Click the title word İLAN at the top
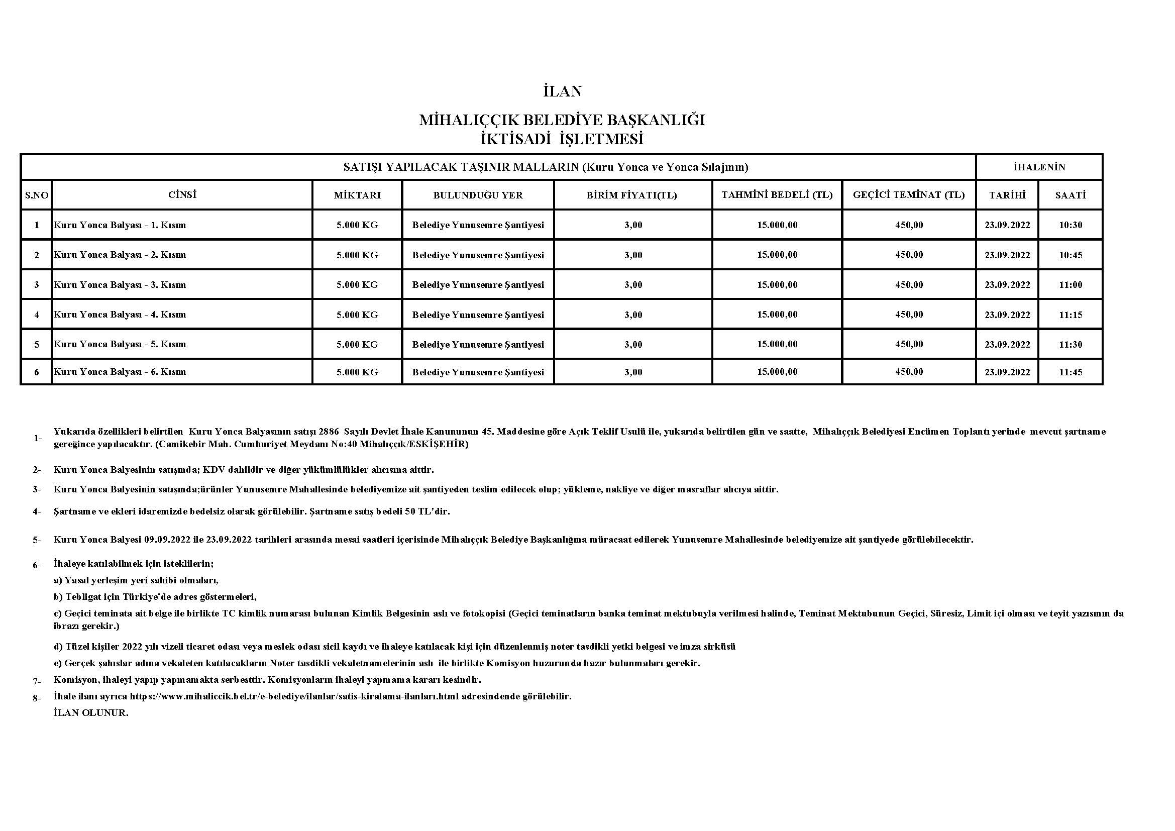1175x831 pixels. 562,91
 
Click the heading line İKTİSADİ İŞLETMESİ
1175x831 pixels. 562,139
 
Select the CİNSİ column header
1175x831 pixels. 182,194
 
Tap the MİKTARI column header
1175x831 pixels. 357,195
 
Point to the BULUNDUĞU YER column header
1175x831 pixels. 478,195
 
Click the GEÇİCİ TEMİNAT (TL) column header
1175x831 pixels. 909,195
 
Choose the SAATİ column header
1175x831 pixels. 1070,195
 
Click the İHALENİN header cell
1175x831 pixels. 1039,167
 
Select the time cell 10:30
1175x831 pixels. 1070,225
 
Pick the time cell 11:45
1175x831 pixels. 1070,372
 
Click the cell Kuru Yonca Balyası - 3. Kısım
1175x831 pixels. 120,284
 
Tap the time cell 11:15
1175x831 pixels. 1070,315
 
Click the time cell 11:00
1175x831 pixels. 1070,284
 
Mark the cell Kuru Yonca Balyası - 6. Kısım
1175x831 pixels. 120,372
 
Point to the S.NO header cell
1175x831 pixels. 36,195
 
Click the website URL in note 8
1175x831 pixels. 294,696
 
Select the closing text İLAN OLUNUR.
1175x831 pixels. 90,713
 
